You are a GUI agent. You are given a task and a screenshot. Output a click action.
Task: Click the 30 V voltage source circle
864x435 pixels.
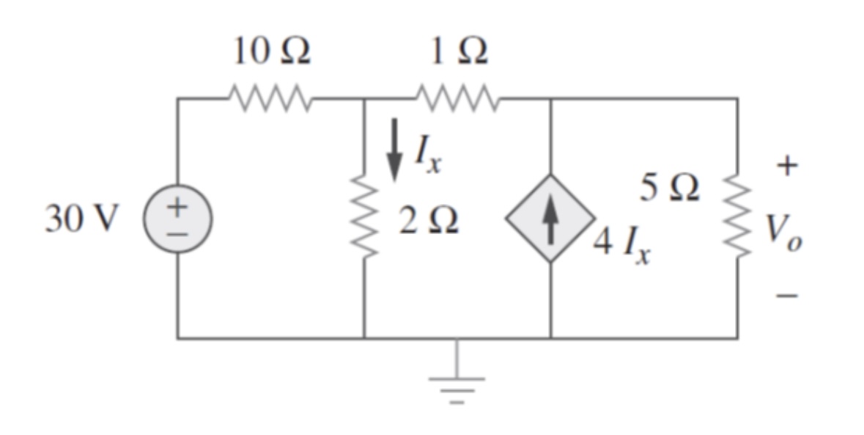pos(177,219)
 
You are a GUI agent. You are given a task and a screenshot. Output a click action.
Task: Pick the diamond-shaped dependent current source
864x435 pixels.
pos(550,218)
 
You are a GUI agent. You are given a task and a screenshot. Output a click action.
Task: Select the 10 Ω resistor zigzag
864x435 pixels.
pos(270,97)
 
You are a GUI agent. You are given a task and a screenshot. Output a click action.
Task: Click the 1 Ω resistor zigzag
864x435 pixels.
pos(458,97)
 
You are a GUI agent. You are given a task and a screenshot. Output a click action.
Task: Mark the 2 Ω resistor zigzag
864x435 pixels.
pos(364,218)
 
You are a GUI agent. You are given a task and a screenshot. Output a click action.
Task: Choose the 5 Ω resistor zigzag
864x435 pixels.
pos(736,218)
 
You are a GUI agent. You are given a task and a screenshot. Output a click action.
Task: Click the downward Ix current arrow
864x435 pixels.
pos(395,150)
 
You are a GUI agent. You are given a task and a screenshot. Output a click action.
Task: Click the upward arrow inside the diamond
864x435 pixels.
pos(550,218)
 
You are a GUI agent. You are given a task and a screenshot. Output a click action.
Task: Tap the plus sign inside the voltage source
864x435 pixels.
pos(177,208)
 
